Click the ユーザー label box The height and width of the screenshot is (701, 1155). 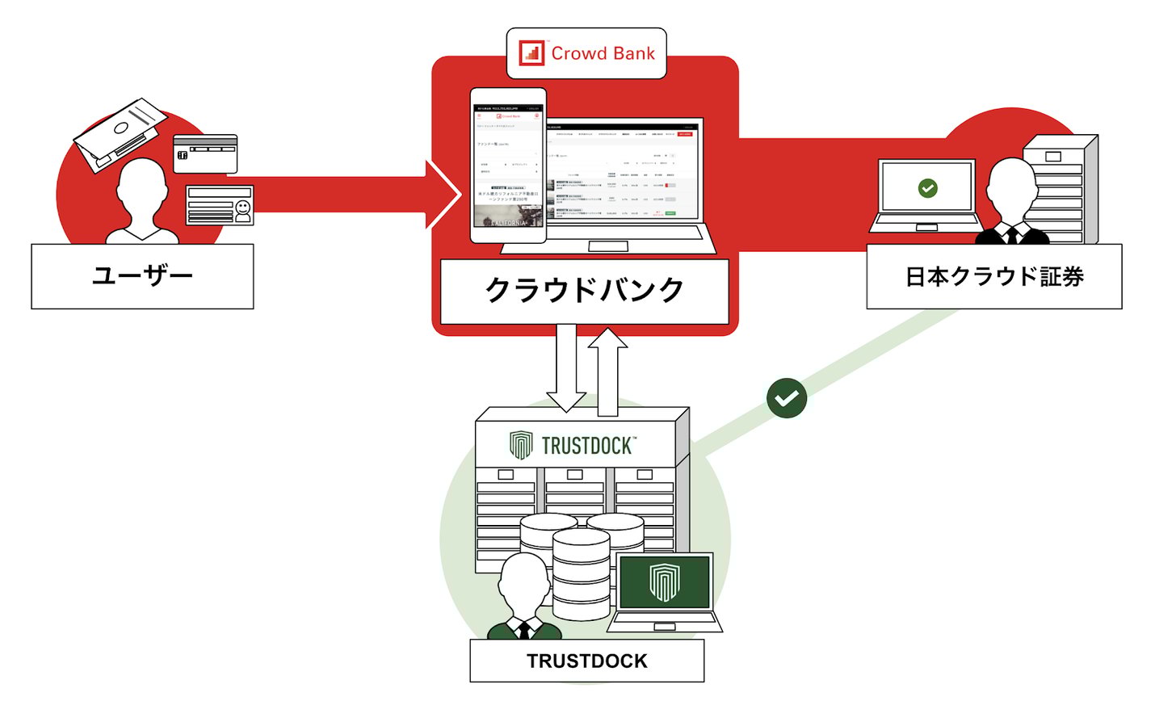[x=142, y=276]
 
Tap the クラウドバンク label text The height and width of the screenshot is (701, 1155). [x=584, y=290]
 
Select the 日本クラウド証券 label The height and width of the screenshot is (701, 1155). [x=993, y=277]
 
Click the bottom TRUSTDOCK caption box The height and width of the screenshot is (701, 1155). [x=587, y=661]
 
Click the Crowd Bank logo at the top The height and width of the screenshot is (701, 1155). [x=586, y=53]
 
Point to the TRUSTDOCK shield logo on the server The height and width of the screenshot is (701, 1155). [x=521, y=445]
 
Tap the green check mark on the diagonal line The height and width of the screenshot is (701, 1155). [x=787, y=397]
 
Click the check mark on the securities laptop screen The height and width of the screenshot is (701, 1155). [x=928, y=188]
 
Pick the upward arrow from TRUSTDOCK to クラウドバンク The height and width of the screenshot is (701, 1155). [x=607, y=367]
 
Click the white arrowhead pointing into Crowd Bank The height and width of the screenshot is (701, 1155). [x=443, y=194]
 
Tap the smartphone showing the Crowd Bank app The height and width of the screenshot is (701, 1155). [x=509, y=166]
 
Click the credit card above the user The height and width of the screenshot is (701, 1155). [x=205, y=153]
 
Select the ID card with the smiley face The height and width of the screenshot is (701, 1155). [x=220, y=205]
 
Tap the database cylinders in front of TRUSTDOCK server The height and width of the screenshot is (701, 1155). [x=582, y=565]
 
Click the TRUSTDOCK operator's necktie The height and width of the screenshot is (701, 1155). [x=525, y=629]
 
